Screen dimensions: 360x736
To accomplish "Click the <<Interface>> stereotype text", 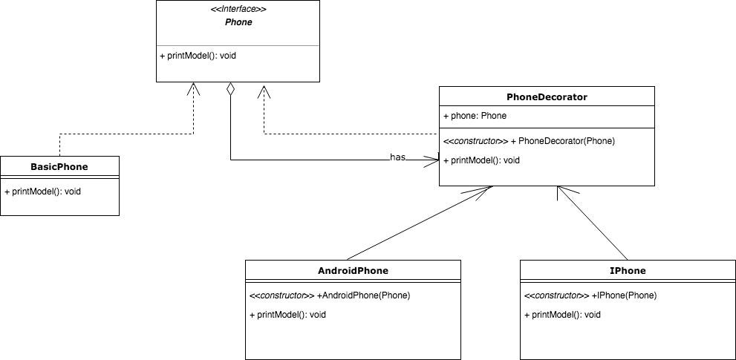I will [238, 10].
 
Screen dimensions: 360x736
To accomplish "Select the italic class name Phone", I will [238, 22].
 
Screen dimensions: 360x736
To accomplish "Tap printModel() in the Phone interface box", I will [198, 56].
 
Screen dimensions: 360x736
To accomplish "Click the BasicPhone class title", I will [59, 166].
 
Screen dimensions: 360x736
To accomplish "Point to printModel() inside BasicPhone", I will [42, 191].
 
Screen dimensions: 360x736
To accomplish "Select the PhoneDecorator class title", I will [546, 96].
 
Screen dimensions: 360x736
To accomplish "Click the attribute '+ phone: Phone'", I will [475, 116].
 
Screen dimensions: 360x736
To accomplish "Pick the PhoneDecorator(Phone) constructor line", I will [529, 140].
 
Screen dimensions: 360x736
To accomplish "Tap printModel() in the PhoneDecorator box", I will [481, 160].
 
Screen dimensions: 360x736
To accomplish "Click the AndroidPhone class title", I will [353, 270].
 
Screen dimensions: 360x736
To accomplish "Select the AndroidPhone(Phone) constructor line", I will [330, 295].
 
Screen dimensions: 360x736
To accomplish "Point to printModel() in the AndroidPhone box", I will [287, 314].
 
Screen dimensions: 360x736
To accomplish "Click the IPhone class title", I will [628, 270].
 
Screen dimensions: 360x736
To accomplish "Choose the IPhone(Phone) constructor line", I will [590, 295].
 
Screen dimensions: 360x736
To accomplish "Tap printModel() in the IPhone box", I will [562, 314].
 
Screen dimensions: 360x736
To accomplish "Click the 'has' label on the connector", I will [397, 157].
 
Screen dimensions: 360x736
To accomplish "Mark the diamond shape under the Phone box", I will [231, 89].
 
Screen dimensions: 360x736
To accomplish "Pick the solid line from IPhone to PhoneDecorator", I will [594, 223].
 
